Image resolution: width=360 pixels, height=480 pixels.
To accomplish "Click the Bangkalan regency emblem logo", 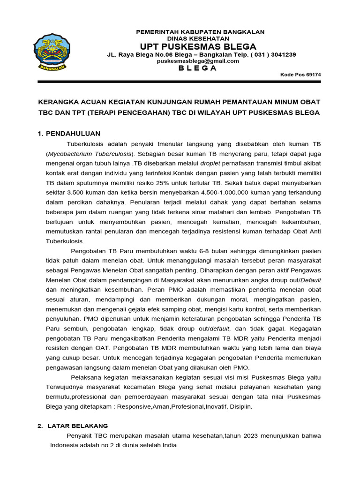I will (x=51, y=52).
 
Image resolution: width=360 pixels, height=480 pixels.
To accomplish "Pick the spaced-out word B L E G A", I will (x=199, y=68).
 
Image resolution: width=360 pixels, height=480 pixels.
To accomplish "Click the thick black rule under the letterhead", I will (x=180, y=82).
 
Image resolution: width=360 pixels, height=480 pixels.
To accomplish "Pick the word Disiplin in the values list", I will (x=240, y=406).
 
